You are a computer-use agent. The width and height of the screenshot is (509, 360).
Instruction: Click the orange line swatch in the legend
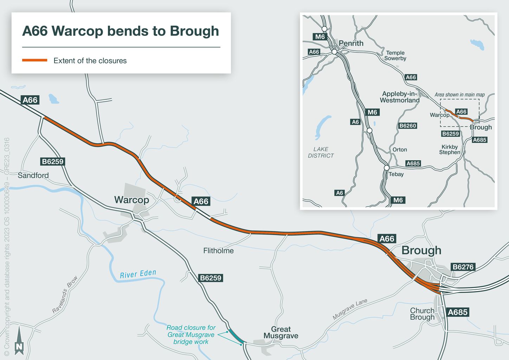tap(34, 60)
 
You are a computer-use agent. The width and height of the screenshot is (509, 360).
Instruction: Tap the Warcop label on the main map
tap(131, 200)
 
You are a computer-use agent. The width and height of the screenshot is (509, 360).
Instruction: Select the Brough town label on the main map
tap(421, 250)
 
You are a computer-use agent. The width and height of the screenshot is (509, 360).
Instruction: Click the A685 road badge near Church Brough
tap(457, 312)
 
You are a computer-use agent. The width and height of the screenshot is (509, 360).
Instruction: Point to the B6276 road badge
tap(463, 267)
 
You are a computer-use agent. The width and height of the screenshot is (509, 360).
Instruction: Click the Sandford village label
tap(33, 175)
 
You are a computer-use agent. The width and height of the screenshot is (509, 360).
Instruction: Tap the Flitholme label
tap(218, 251)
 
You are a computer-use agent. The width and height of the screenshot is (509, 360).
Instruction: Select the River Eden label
tap(138, 274)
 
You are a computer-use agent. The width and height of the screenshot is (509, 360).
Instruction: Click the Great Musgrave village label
tap(281, 332)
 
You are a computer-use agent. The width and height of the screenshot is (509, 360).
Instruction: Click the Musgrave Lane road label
tap(350, 309)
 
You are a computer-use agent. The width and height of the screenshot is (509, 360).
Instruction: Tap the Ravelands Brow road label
tap(65, 295)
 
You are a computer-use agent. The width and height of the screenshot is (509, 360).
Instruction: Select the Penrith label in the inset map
tap(351, 43)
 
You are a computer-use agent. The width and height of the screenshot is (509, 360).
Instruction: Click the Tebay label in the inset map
tap(396, 174)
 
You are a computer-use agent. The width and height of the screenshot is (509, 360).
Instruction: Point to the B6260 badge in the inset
tap(408, 126)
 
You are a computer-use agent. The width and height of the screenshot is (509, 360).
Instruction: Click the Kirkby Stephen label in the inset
tap(450, 149)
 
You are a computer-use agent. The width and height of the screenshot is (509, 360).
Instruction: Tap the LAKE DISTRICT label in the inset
tap(321, 152)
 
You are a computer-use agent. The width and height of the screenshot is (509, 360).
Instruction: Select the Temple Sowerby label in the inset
tap(395, 56)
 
